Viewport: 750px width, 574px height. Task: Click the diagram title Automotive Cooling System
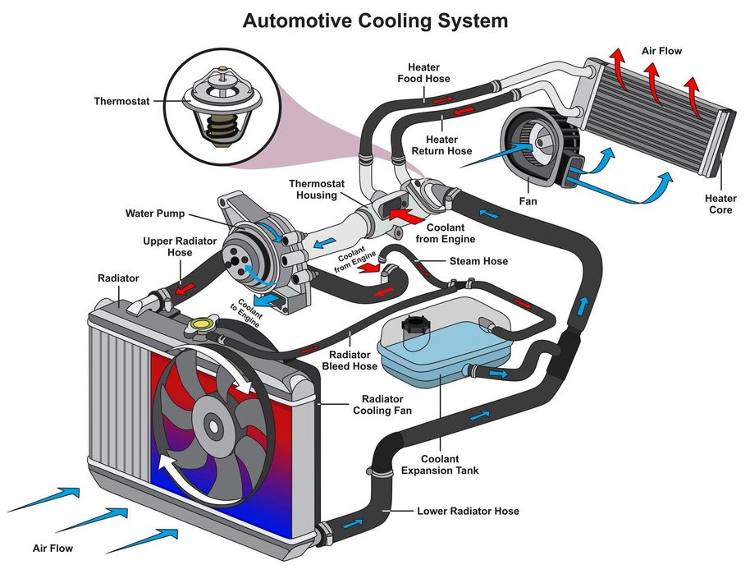click(375, 20)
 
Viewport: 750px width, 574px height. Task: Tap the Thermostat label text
click(122, 102)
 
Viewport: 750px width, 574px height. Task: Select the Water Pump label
click(155, 214)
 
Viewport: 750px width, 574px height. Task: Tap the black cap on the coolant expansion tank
click(414, 328)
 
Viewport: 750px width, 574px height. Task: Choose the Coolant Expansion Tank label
click(440, 465)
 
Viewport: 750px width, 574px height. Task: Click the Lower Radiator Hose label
click(468, 511)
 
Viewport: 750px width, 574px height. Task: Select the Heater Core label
click(720, 204)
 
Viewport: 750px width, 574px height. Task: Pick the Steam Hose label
click(478, 261)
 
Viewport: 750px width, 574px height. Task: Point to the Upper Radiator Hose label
click(167, 246)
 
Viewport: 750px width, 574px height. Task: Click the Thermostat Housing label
click(313, 189)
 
